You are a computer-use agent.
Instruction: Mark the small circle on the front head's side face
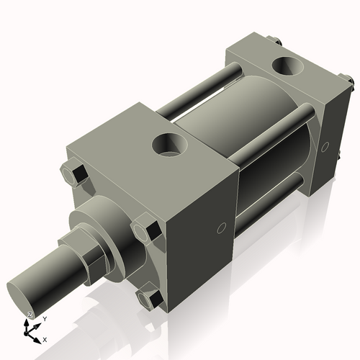click(222, 228)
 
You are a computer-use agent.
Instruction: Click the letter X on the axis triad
click(45, 338)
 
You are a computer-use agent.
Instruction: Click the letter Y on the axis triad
click(45, 318)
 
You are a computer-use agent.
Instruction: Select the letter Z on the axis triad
click(30, 315)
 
